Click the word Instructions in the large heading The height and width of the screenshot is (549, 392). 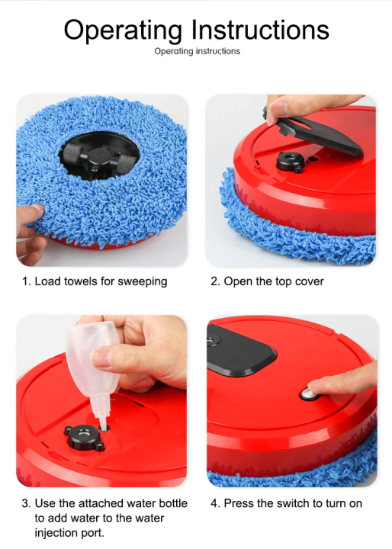pos(261,30)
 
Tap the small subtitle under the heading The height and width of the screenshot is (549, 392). pos(197,51)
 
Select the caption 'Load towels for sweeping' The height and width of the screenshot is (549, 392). pos(94,281)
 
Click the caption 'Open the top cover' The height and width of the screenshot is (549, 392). pos(267,281)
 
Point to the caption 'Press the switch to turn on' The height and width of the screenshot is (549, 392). pos(286,503)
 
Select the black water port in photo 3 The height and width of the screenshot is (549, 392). pos(83,438)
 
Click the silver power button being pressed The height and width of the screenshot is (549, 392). pos(309,393)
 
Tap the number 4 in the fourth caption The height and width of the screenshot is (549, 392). pos(214,503)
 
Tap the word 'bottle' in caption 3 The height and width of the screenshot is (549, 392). pos(161,503)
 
